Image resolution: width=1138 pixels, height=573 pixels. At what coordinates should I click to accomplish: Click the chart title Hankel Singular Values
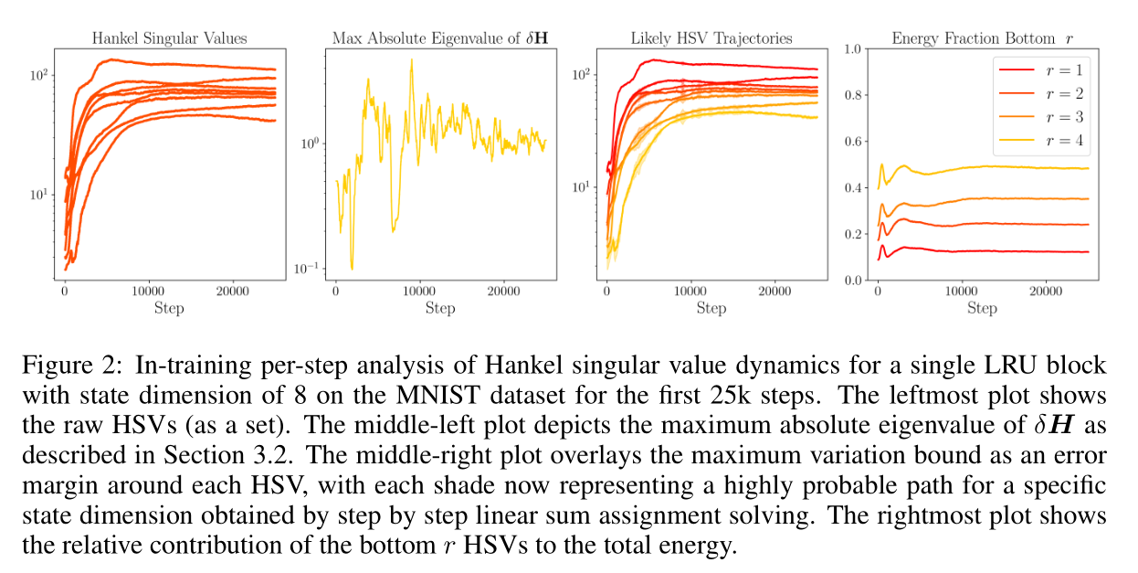[x=169, y=38]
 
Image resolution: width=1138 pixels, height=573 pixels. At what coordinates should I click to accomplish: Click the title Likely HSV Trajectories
[x=711, y=38]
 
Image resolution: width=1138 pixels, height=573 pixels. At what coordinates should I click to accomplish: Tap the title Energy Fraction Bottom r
[x=981, y=38]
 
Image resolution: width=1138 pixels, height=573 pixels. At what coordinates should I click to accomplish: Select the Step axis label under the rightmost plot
[x=982, y=308]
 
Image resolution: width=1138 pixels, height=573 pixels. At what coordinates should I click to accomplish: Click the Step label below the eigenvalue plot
[x=440, y=308]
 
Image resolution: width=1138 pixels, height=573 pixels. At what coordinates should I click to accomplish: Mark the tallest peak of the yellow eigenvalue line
[x=411, y=60]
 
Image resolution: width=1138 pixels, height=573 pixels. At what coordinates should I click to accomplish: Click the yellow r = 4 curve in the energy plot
[x=1005, y=167]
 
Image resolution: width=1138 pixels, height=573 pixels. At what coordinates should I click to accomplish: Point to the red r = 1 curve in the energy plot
[x=1005, y=251]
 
